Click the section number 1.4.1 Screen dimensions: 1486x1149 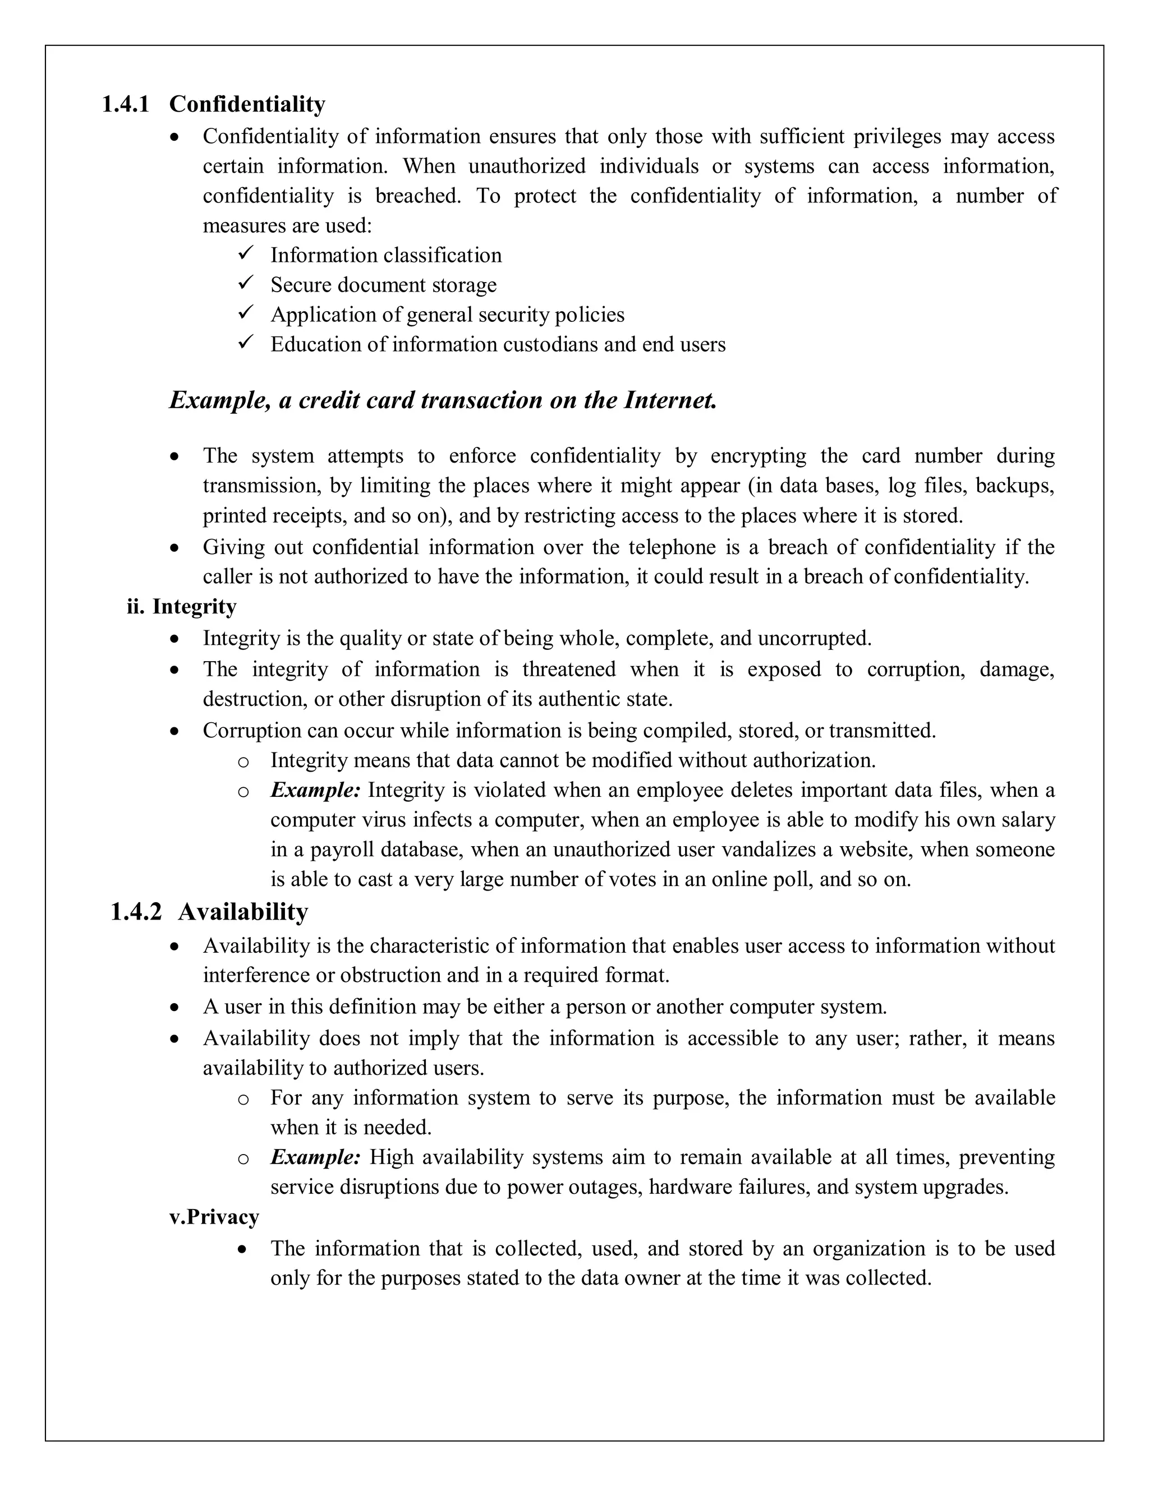pos(125,105)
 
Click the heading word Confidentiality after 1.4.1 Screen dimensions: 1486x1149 pos(247,105)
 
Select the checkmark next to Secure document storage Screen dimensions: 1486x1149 pos(245,283)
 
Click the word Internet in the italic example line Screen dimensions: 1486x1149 pos(670,400)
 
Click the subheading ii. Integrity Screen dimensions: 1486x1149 pos(182,606)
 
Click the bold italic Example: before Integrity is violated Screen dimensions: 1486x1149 pos(315,791)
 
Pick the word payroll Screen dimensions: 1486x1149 pos(342,850)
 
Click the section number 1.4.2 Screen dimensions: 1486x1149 pos(136,912)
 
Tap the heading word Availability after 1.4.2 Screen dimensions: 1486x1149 pos(243,912)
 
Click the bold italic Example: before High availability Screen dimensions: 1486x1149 pos(315,1157)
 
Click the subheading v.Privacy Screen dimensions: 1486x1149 pos(214,1217)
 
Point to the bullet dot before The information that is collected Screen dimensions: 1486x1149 pos(243,1250)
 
